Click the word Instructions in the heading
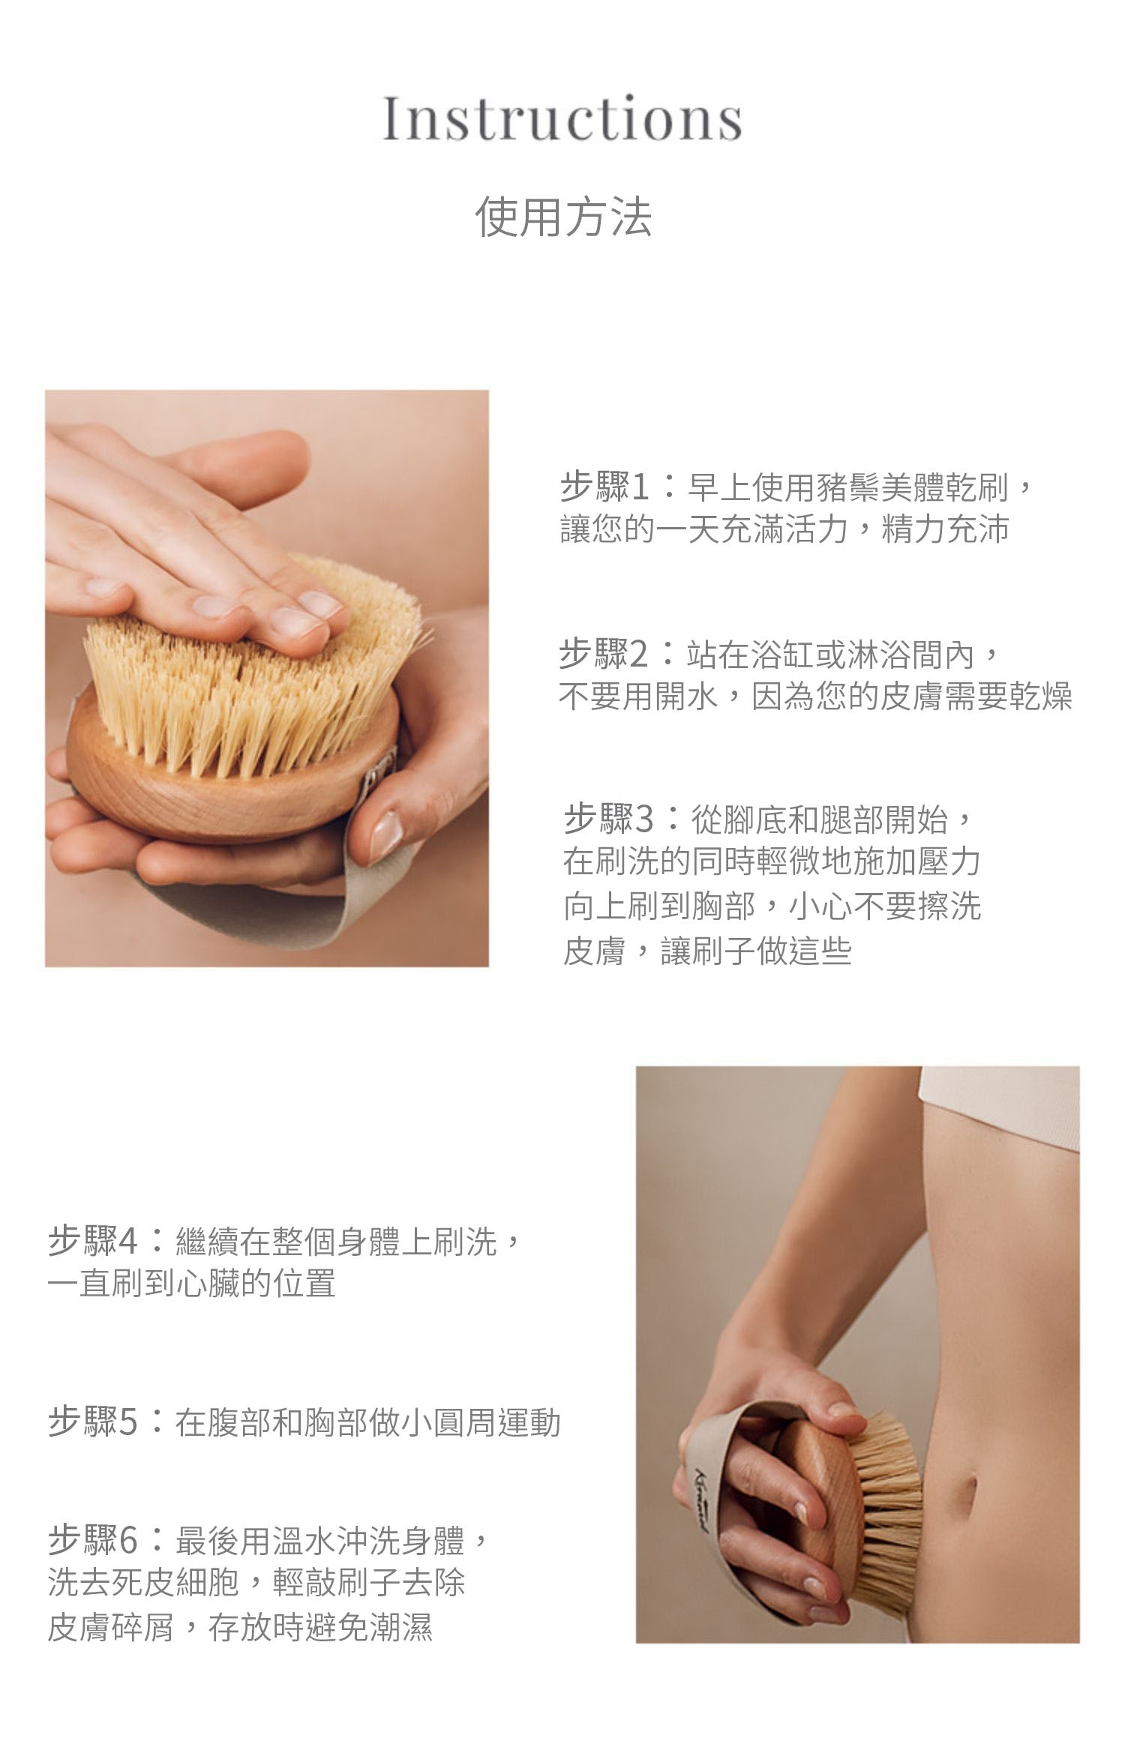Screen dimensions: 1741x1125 click(x=562, y=118)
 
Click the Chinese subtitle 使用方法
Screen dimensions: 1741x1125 click(x=563, y=217)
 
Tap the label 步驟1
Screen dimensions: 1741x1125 click(x=604, y=487)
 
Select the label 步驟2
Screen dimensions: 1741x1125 click(x=604, y=655)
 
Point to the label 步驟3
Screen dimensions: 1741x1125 click(x=608, y=819)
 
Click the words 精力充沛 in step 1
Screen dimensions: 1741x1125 click(x=946, y=529)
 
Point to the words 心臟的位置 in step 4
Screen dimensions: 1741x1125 click(x=255, y=1284)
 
